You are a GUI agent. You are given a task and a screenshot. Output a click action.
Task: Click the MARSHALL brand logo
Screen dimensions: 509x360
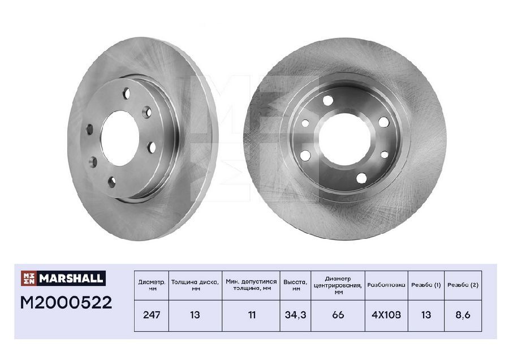click(x=63, y=278)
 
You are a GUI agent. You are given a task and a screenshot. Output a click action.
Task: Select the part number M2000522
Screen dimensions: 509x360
click(x=66, y=302)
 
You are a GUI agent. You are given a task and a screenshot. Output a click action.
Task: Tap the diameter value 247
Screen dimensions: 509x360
click(x=152, y=315)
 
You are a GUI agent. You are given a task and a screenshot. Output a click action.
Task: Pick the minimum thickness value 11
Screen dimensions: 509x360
click(x=252, y=315)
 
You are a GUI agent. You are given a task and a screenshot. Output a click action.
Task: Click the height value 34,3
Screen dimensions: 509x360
click(x=295, y=315)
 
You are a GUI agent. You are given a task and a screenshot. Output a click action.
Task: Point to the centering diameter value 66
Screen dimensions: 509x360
click(x=338, y=315)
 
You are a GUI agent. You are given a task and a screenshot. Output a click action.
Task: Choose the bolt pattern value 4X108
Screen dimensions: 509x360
click(x=386, y=315)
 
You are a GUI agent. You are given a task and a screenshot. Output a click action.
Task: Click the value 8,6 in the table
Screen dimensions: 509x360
click(x=463, y=315)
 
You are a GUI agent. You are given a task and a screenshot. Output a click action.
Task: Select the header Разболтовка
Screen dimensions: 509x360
click(x=386, y=285)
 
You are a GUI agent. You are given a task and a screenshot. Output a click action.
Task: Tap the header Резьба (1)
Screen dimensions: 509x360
click(x=426, y=285)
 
